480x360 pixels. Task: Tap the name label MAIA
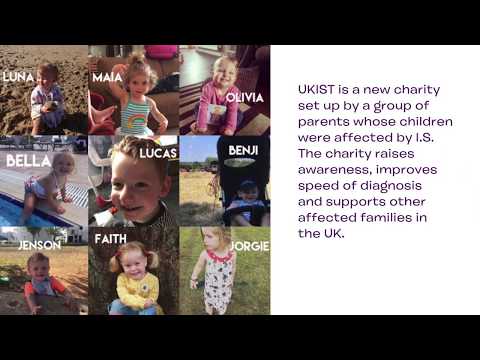coord(106,76)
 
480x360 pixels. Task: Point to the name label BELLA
coord(27,160)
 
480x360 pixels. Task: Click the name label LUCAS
coord(158,153)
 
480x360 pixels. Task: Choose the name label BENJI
coord(242,150)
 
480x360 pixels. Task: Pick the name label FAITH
coord(110,239)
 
